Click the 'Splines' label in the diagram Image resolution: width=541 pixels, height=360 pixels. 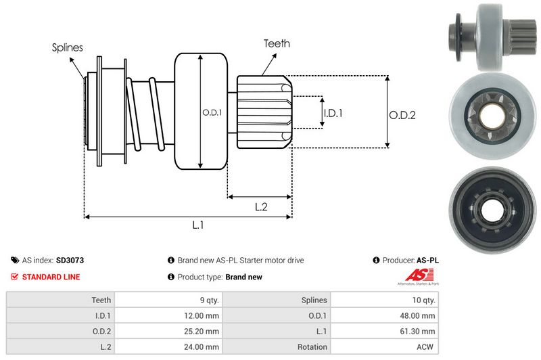click(x=67, y=47)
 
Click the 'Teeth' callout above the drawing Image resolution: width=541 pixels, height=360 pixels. click(x=277, y=43)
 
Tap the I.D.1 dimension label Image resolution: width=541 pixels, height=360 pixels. click(x=333, y=113)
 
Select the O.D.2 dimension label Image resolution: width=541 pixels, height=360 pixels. click(x=402, y=115)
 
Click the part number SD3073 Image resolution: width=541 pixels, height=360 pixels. click(x=70, y=260)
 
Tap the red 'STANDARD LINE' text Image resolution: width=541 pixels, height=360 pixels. click(x=51, y=277)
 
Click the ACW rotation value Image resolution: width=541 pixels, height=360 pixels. click(x=426, y=346)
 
